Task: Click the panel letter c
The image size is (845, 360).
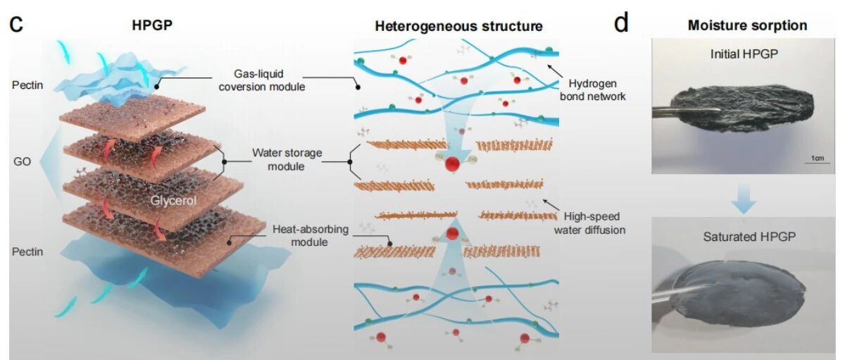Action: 16,23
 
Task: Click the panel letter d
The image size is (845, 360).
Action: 621,23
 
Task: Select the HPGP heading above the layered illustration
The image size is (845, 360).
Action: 152,25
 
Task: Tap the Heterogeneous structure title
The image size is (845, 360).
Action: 458,26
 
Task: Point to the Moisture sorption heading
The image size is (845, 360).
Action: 747,25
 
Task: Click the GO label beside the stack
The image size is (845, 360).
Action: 22,161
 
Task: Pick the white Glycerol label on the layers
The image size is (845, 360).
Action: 173,200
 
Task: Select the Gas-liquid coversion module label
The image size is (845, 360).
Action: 262,80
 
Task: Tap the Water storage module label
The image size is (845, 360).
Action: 287,159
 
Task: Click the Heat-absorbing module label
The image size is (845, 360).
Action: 310,235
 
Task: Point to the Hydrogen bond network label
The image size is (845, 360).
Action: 592,89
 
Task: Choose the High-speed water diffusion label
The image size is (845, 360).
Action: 589,223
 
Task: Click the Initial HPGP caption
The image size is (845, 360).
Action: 744,54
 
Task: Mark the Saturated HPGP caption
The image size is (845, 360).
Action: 749,237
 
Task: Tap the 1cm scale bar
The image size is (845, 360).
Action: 817,163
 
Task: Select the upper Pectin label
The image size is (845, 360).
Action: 27,85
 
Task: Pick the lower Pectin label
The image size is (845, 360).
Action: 27,252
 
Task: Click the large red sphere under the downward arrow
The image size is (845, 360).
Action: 452,165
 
